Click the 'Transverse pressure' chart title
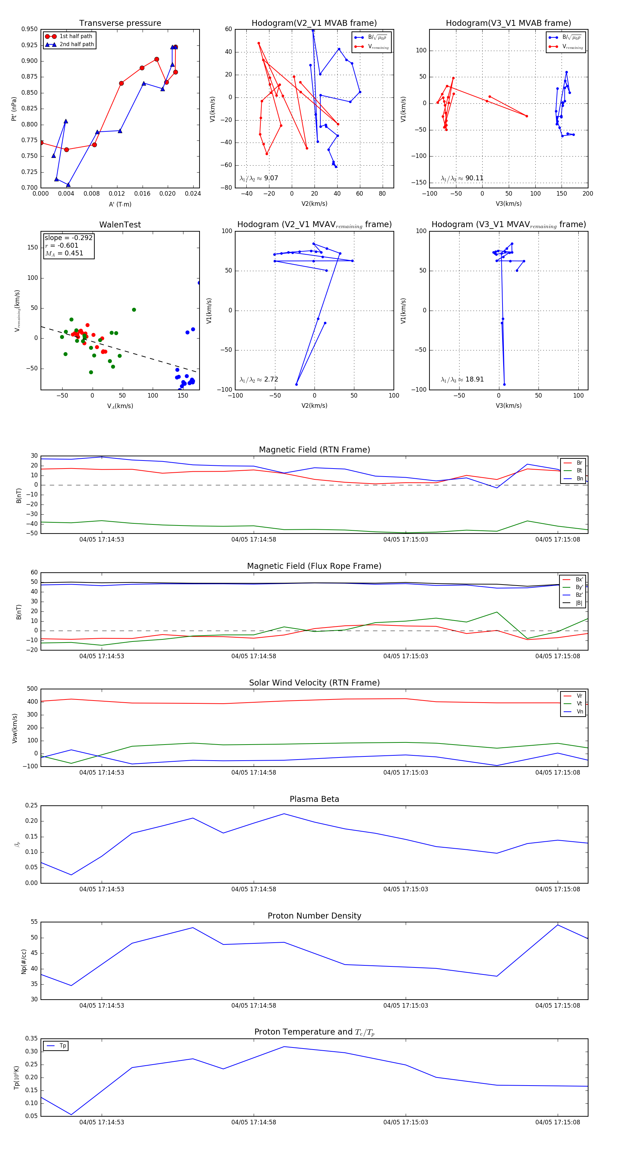120,23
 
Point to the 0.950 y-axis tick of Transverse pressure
30,29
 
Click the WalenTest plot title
120,225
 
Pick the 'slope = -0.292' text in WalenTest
68,238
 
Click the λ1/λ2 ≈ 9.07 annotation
259,178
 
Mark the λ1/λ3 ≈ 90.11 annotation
462,178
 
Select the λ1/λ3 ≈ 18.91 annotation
462,379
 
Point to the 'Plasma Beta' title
314,799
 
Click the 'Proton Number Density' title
314,916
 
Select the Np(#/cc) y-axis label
24,962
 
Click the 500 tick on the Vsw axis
32,689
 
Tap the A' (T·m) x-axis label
120,204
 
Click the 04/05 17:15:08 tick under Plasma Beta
557,889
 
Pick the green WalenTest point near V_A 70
134,310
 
